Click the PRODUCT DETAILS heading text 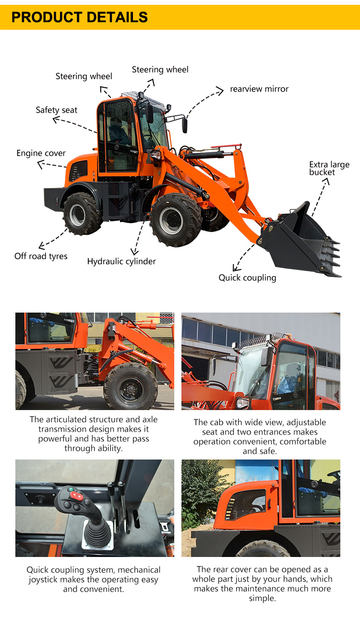pos(80,17)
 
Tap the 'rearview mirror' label pos(259,89)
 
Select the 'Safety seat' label pos(56,110)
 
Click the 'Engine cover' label pos(41,153)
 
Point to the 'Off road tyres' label pos(41,256)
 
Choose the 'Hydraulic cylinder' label pos(121,262)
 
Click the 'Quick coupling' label pos(247,278)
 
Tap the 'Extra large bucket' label pos(329,169)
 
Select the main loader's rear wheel pos(82,214)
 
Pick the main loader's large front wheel pos(175,219)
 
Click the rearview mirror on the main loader pos(184,125)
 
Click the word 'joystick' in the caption pos(60,580)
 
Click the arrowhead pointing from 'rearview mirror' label pos(220,90)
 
